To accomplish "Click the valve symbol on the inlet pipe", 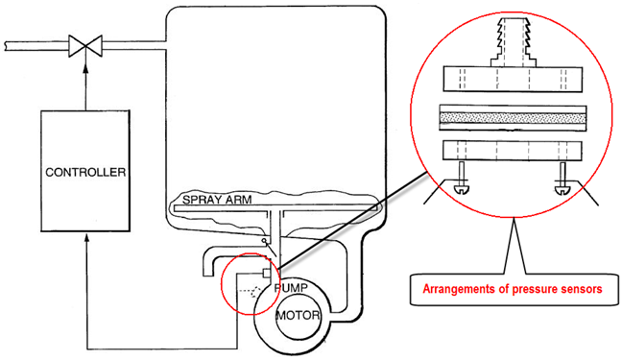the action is click(85, 46).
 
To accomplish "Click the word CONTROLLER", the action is click(85, 172).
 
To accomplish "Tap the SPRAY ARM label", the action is click(217, 200).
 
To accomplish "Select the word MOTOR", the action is click(298, 316).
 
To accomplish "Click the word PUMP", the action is click(291, 288).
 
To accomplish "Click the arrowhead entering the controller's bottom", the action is click(87, 238).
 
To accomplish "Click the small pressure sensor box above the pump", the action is click(267, 274).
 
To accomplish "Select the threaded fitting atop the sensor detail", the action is click(514, 42).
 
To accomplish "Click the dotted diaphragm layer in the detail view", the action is click(513, 118).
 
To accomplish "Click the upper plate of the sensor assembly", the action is click(513, 79).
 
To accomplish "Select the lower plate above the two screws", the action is click(513, 151).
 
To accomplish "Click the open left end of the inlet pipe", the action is click(6, 46).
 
